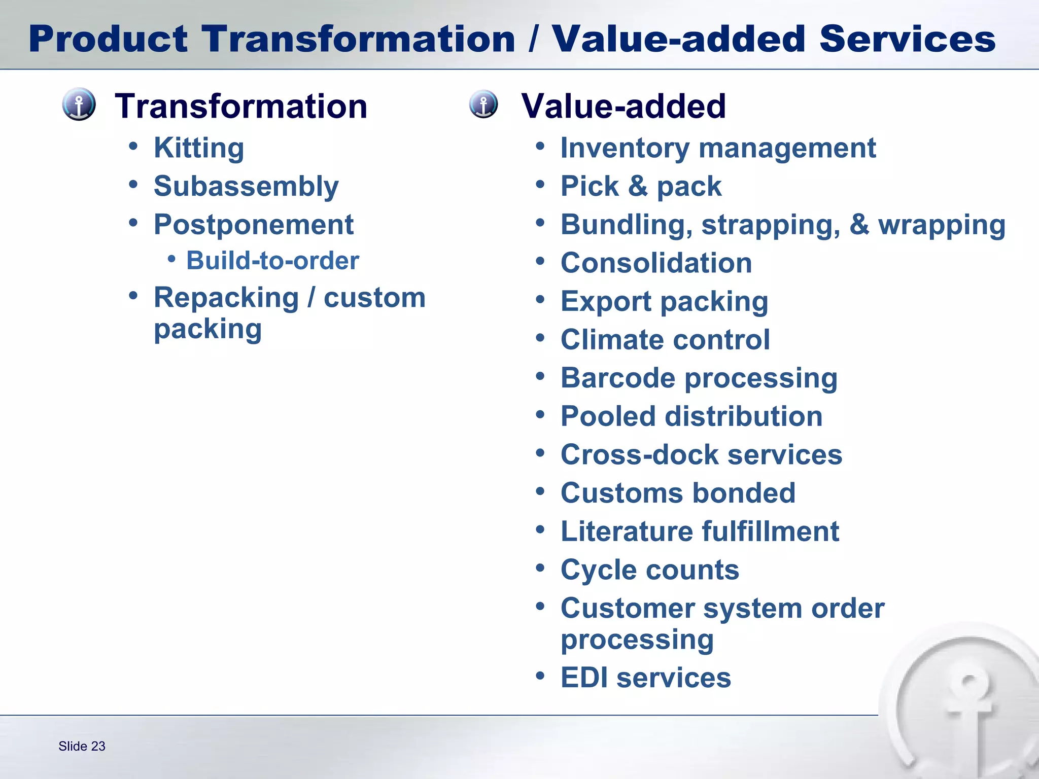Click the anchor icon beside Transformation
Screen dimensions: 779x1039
pyautogui.click(x=79, y=104)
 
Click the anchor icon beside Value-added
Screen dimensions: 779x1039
pyautogui.click(x=483, y=104)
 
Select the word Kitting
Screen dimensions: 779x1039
pyautogui.click(x=199, y=148)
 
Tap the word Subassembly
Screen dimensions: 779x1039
pyautogui.click(x=246, y=187)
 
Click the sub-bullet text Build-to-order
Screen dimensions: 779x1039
pyautogui.click(x=272, y=261)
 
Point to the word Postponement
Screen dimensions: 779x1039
pyautogui.click(x=253, y=225)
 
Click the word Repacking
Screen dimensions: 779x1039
pyautogui.click(x=226, y=298)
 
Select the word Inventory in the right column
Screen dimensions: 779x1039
pyautogui.click(x=625, y=148)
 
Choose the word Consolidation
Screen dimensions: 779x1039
pyautogui.click(x=656, y=263)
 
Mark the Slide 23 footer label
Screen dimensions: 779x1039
pyautogui.click(x=82, y=746)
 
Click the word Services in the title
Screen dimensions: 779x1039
pyautogui.click(x=907, y=39)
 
